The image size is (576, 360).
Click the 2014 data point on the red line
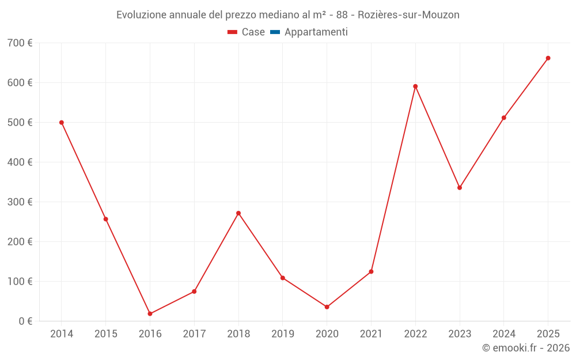coord(62,123)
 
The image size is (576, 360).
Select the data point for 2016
coord(150,314)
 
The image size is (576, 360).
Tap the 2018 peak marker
coord(238,213)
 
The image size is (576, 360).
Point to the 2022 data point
coord(415,86)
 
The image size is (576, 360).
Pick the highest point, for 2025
coord(548,58)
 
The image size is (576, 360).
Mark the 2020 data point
coord(327,307)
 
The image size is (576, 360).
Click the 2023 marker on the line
coord(460,188)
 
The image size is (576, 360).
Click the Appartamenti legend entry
coord(316,32)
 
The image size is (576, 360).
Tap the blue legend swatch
coord(275,32)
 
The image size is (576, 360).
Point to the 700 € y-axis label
coord(20,43)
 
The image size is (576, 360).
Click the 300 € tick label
coord(20,202)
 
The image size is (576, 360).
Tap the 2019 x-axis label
coord(283,334)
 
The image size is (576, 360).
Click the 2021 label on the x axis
coord(371,334)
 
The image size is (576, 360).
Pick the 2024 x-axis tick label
coord(503,334)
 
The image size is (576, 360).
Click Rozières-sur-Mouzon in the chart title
coord(412,15)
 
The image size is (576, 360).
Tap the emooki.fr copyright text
coord(526,348)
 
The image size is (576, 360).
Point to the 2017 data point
coord(194,291)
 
